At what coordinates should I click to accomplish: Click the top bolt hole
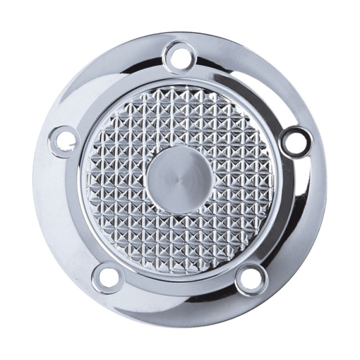(180, 58)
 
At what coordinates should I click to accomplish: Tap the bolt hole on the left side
(65, 141)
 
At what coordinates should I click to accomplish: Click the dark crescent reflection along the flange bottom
(180, 310)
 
